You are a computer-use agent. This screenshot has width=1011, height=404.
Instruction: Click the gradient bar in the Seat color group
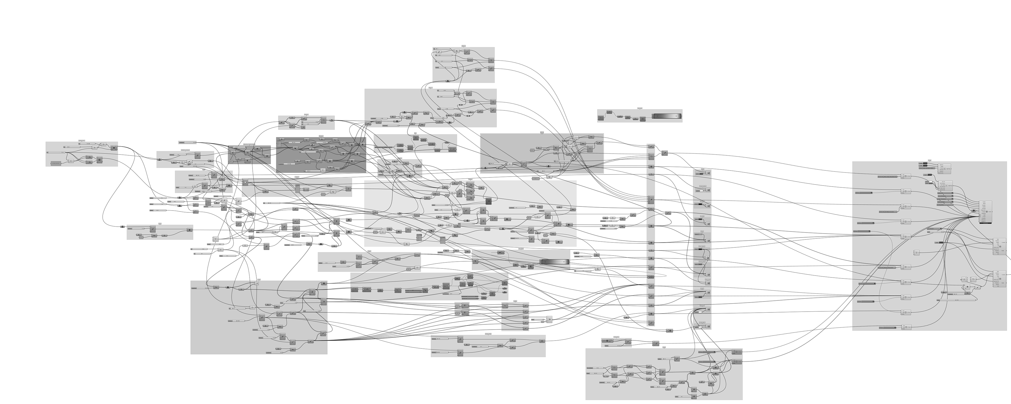pyautogui.click(x=667, y=116)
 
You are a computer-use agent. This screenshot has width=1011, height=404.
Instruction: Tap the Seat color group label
pyautogui.click(x=640, y=108)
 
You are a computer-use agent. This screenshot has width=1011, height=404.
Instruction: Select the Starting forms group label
pyautogui.click(x=82, y=141)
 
